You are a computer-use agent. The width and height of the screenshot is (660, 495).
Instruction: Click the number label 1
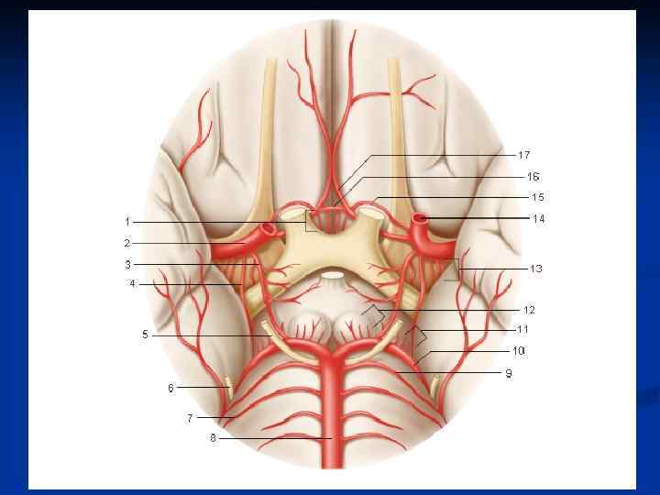tap(126, 222)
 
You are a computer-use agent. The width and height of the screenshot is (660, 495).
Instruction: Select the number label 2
tap(126, 243)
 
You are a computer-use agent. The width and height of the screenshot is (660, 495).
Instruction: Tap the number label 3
tap(126, 264)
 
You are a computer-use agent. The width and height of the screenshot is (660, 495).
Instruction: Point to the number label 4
tap(132, 284)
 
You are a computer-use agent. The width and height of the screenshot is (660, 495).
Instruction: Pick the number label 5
tap(145, 335)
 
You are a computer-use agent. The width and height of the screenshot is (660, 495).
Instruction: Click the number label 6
tap(170, 388)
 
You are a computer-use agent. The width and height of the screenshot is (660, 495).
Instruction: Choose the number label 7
tap(190, 417)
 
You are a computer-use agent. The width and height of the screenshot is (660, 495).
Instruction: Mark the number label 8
tap(213, 438)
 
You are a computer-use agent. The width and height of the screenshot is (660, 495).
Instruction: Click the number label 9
tap(509, 373)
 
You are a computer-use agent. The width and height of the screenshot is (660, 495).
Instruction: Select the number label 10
tap(519, 351)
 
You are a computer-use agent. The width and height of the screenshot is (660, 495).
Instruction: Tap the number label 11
tap(522, 329)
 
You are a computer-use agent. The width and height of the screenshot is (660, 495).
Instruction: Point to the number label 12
tap(529, 309)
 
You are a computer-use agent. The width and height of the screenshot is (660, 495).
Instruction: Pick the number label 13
tap(535, 269)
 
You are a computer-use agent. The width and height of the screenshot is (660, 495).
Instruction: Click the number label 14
tap(538, 219)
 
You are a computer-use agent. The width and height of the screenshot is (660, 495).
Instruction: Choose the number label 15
tap(538, 197)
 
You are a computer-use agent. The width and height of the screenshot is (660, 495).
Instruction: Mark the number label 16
tap(533, 176)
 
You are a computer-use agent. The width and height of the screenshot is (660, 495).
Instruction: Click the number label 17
tap(523, 155)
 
